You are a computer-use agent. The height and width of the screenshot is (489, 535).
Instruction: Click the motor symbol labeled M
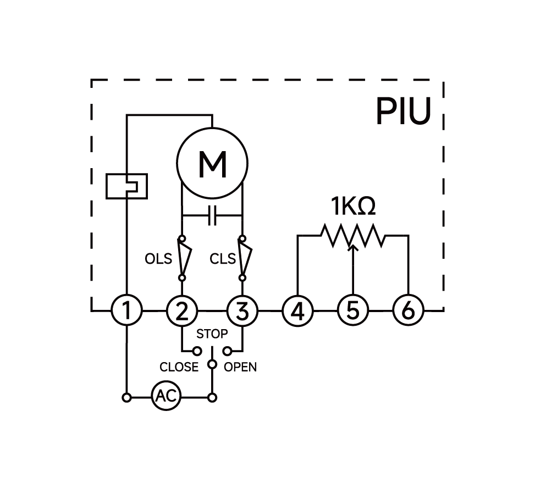(212, 163)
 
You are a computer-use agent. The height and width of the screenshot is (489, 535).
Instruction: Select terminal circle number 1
(127, 311)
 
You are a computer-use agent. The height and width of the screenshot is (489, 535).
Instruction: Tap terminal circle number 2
(181, 311)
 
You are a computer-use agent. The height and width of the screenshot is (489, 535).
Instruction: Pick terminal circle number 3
(242, 311)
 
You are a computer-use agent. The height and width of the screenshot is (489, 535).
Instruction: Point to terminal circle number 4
(297, 311)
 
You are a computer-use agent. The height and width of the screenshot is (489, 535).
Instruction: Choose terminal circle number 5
(352, 311)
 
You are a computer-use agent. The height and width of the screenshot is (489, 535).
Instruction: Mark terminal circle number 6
(408, 311)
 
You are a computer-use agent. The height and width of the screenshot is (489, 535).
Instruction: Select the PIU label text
(402, 112)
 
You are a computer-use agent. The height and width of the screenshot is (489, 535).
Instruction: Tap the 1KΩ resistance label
(353, 207)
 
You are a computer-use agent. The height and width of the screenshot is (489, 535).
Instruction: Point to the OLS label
(158, 258)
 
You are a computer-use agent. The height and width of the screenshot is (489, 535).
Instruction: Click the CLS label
(223, 258)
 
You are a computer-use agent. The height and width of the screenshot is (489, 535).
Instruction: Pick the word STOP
(212, 334)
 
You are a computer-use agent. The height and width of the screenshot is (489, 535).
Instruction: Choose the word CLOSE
(179, 366)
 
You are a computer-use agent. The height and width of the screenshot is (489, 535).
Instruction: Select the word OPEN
(240, 366)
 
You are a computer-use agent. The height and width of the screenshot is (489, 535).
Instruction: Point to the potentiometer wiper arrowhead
(353, 247)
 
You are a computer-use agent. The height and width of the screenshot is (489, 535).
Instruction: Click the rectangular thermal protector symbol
(127, 186)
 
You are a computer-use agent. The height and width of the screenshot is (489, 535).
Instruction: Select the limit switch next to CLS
(243, 258)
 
